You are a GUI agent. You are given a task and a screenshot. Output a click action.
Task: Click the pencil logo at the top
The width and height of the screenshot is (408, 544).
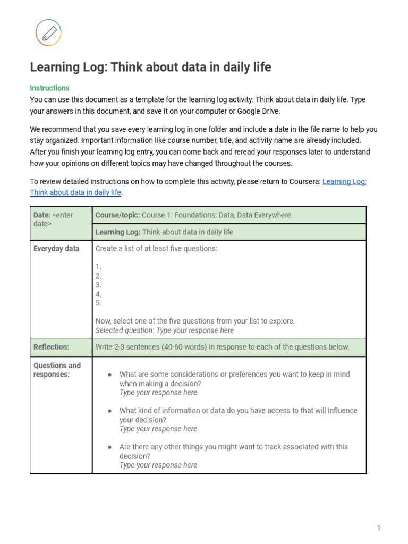coord(48,32)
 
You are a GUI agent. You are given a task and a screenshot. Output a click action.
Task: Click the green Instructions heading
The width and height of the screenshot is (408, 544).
coord(49,88)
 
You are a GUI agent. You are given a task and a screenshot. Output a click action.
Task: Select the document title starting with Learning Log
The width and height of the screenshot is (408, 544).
coord(150,67)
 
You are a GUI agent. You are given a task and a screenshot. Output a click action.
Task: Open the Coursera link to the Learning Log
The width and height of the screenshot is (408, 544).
coord(344,181)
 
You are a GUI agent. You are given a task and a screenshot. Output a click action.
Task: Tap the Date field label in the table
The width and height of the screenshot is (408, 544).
coord(42,215)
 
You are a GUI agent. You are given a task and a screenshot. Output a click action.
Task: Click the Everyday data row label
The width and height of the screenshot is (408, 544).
coord(56,249)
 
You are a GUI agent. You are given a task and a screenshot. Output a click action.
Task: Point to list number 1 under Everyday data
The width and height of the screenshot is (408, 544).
coord(98,267)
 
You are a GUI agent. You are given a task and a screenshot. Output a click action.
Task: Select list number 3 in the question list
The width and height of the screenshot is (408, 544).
coord(98,285)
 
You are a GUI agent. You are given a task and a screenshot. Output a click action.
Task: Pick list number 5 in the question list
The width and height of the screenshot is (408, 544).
coord(98,303)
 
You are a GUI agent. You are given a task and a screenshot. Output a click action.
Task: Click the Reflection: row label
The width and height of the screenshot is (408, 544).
coord(51,347)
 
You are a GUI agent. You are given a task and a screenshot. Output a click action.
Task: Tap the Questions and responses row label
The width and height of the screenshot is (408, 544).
coord(57,370)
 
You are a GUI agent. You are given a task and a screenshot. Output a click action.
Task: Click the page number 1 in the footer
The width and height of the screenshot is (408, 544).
coord(379,528)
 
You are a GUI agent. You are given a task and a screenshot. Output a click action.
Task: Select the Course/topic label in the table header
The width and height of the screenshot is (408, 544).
coord(117,215)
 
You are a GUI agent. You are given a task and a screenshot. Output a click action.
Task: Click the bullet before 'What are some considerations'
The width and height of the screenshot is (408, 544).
coord(109,375)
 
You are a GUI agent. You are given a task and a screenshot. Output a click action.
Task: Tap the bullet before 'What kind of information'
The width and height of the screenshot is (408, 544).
coord(109,411)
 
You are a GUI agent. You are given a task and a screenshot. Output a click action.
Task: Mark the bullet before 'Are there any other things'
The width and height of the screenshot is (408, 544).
coord(109,447)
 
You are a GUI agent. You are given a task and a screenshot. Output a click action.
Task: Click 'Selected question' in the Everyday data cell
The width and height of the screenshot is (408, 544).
coord(124,330)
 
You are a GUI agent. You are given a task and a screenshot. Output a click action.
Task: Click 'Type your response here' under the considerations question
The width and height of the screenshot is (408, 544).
coord(158,393)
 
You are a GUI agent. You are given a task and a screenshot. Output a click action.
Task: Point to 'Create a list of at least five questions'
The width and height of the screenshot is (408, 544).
coord(156,249)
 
